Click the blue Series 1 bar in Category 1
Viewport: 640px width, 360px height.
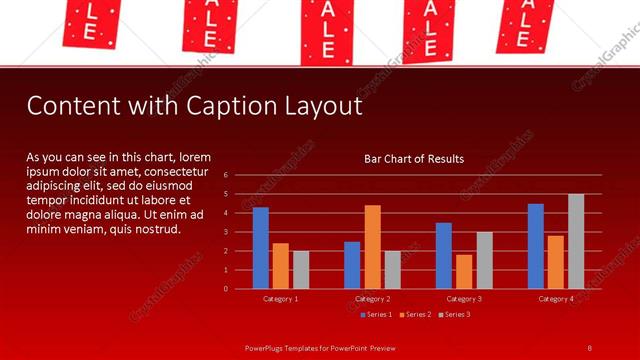coord(261,248)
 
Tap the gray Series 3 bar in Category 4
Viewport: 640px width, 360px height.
coord(576,241)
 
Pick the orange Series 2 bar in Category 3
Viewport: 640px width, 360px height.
coord(464,271)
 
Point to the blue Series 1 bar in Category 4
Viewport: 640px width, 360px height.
coord(536,246)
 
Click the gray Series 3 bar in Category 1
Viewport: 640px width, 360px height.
coord(301,270)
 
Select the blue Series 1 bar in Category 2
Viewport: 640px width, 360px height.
coord(352,265)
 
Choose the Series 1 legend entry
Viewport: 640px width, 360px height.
coord(376,315)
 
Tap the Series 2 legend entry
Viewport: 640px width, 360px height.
coord(414,315)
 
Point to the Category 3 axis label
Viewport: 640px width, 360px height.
coord(464,299)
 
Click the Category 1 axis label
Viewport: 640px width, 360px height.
coord(281,299)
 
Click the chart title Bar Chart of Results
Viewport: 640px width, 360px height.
coord(413,159)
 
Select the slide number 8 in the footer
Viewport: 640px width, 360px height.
coord(590,347)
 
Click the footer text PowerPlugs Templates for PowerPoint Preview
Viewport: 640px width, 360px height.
coord(320,347)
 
